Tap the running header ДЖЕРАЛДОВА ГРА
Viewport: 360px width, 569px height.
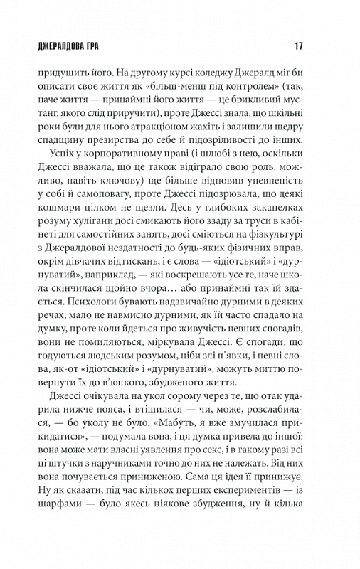coord(68,48)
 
